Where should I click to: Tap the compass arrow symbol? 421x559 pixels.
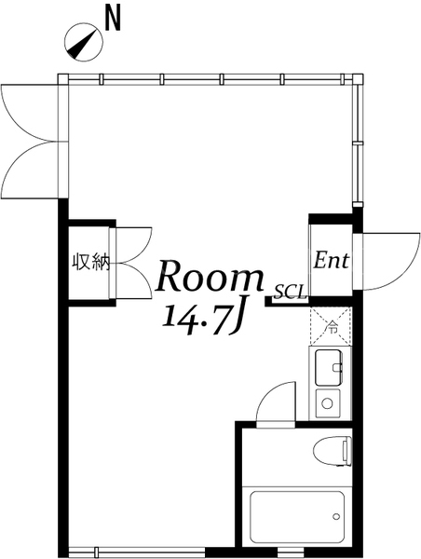tap(84, 43)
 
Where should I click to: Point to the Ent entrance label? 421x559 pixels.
tap(332, 260)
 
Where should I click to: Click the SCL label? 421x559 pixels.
tap(291, 292)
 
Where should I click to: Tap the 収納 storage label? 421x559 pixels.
tap(90, 262)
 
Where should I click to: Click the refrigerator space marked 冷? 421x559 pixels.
tap(331, 326)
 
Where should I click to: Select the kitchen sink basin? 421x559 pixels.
tap(329, 368)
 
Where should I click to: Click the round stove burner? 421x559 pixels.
tap(327, 403)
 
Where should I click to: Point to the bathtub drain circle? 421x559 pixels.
tap(335, 516)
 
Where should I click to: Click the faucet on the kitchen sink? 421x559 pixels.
tap(337, 367)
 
